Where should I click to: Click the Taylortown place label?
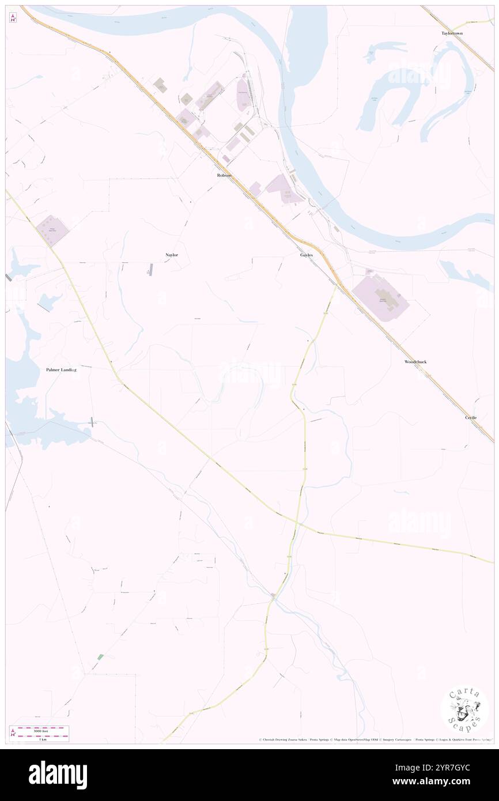[x=452, y=33]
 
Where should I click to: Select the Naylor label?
[x=171, y=254]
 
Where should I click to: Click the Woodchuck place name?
[x=415, y=361]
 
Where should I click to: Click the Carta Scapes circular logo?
[x=464, y=710]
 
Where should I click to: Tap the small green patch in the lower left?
[x=100, y=657]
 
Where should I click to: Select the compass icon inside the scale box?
[x=13, y=733]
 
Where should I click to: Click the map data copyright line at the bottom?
[x=375, y=740]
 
